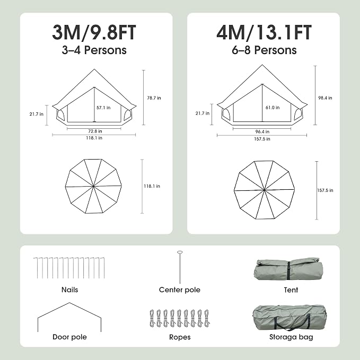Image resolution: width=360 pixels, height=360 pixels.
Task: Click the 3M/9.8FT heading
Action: (94, 32)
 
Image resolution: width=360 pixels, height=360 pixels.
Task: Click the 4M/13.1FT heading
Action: (264, 32)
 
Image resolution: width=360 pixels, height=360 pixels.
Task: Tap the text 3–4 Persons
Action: (94, 50)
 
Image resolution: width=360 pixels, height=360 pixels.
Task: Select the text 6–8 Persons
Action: (264, 50)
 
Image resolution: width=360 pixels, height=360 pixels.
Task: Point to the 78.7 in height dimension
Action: (154, 98)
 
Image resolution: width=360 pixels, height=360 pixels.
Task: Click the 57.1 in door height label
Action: (103, 108)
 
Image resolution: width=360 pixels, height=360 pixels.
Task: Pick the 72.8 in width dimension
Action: (95, 131)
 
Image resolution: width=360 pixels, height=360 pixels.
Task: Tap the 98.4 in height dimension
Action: (325, 98)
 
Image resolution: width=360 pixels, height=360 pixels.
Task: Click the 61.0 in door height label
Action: (273, 108)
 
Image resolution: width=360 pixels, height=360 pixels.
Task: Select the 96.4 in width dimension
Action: (262, 132)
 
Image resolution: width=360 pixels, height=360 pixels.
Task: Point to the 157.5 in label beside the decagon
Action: (325, 190)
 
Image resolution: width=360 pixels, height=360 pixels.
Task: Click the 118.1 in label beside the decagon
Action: (152, 186)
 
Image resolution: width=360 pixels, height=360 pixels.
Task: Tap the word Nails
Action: (70, 289)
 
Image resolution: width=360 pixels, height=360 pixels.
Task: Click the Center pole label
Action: (180, 289)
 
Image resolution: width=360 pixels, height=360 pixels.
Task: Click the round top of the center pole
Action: (180, 252)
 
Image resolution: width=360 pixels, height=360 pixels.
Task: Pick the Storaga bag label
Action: (291, 337)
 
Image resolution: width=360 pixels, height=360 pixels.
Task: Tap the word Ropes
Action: (180, 337)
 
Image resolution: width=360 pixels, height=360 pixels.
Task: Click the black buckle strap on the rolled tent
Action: (288, 271)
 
